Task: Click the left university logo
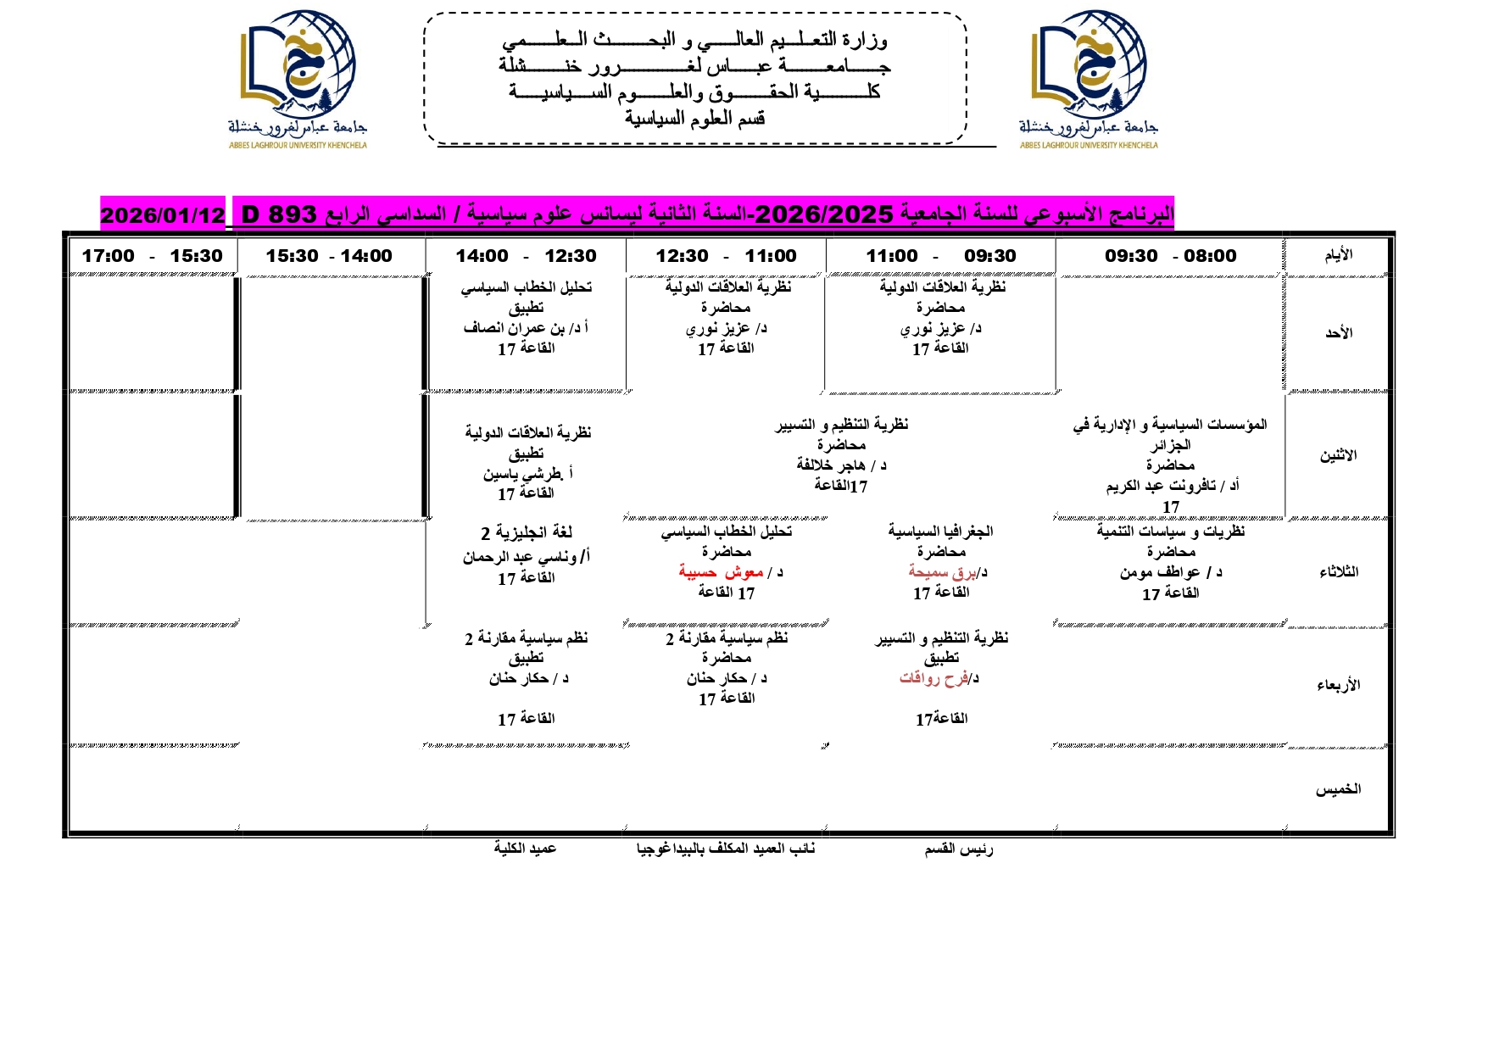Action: [297, 78]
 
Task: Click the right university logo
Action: [1089, 78]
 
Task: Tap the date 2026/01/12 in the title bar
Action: [163, 215]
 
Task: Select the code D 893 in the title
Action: [279, 214]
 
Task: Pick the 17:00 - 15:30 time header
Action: [153, 256]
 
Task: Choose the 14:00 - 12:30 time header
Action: [526, 256]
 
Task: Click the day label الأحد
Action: [1339, 333]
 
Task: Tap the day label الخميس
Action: [1338, 789]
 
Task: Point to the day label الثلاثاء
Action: [1339, 572]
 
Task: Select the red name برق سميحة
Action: [937, 572]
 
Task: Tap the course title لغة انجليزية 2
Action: [527, 532]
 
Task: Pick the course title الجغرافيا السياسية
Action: [940, 532]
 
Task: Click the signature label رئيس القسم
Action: [958, 849]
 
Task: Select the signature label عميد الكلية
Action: [526, 849]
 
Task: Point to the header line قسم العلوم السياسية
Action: [694, 119]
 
